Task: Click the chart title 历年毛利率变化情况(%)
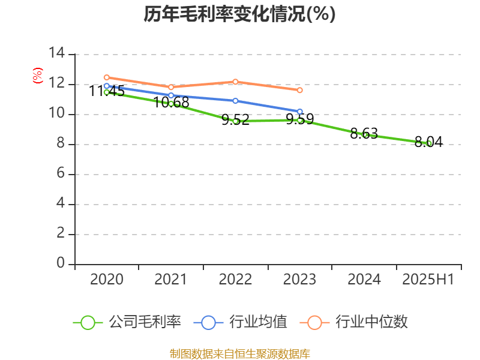pyautogui.click(x=239, y=14)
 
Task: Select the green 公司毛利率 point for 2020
pyautogui.click(x=106, y=92)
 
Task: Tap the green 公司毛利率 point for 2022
pyautogui.click(x=236, y=121)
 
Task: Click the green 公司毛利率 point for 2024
pyautogui.click(x=365, y=134)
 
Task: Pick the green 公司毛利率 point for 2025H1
pyautogui.click(x=429, y=143)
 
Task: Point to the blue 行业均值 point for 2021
pyautogui.click(x=171, y=95)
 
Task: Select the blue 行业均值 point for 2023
pyautogui.click(x=300, y=112)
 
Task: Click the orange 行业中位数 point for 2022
pyautogui.click(x=236, y=82)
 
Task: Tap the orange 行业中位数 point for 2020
pyautogui.click(x=106, y=77)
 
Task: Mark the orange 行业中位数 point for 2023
pyautogui.click(x=300, y=90)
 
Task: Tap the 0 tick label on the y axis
pyautogui.click(x=61, y=263)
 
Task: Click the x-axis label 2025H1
pyautogui.click(x=428, y=280)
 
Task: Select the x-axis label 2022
pyautogui.click(x=235, y=280)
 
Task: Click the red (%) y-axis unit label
pyautogui.click(x=38, y=76)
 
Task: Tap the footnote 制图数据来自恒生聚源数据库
pyautogui.click(x=239, y=353)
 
